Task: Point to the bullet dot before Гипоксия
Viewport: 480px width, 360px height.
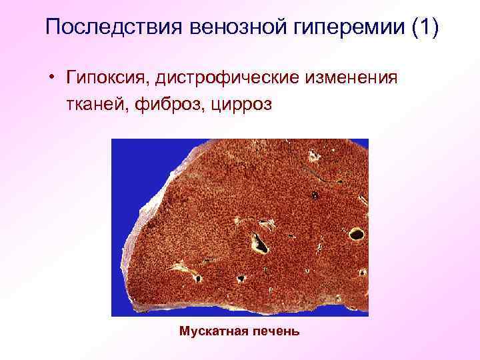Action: (x=51, y=79)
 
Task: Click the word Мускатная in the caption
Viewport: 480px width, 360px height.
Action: (x=211, y=331)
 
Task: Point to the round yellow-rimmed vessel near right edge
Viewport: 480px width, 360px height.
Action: (x=356, y=233)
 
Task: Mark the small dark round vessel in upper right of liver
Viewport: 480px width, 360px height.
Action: (x=315, y=195)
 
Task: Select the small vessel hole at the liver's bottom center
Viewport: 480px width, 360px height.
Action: (x=240, y=279)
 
